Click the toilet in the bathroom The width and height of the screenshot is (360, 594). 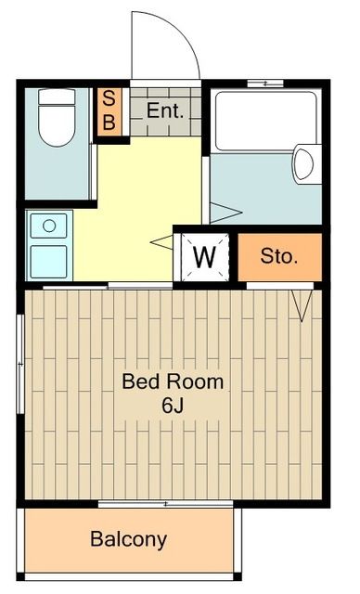point(57,118)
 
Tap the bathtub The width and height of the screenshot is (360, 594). point(265,122)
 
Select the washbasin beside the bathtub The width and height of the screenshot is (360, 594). point(306,164)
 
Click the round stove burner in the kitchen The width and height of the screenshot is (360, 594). point(49,226)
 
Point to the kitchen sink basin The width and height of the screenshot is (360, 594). point(49,262)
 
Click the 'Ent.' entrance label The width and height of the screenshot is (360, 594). point(165,111)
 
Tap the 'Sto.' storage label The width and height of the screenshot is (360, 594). point(279,256)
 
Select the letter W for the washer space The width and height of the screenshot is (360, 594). point(204,257)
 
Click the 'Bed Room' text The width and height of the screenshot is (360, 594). point(173,381)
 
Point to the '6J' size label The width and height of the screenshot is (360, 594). point(173,406)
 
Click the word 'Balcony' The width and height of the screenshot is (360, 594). point(129,539)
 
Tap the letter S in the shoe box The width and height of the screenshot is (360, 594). point(109,98)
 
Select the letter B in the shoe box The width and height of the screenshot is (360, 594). point(109,122)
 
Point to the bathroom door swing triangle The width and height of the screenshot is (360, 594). point(226,213)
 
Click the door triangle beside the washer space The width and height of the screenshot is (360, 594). point(161,242)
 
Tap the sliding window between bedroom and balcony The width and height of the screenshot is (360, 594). point(165,504)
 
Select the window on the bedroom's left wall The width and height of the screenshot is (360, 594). point(20,364)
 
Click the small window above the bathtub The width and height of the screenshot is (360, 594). point(265,84)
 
